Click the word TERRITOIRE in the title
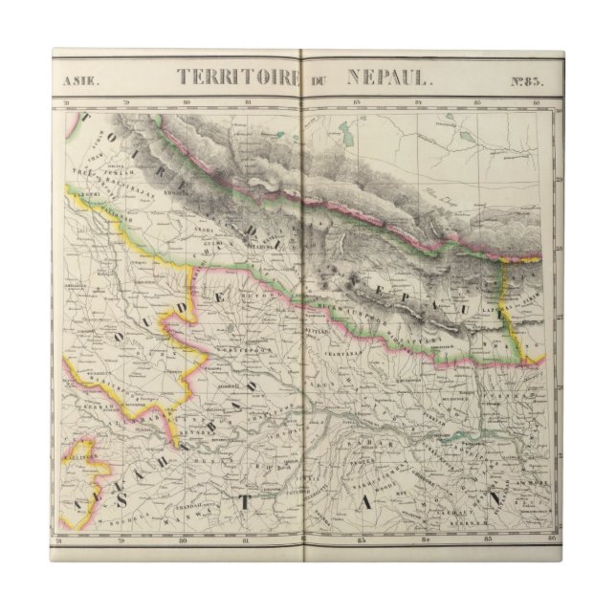(x=233, y=79)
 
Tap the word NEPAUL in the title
(x=382, y=79)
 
